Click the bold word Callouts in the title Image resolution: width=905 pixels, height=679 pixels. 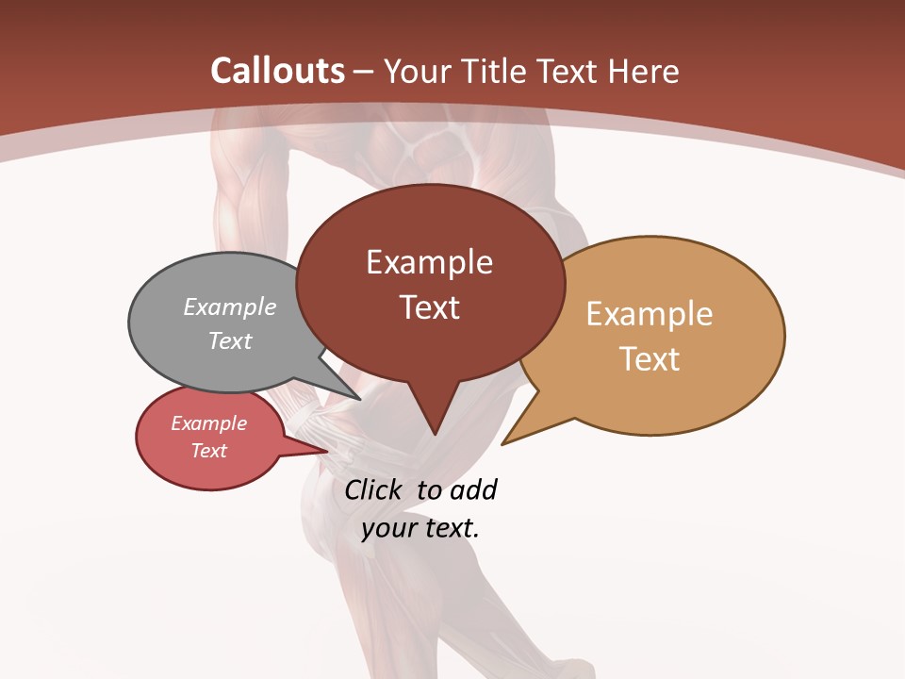click(277, 71)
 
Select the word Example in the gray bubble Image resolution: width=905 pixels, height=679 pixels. click(230, 306)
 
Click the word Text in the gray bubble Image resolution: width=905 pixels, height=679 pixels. click(230, 340)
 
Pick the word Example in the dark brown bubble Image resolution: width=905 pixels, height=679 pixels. click(429, 262)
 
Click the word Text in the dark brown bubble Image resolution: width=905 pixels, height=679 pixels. click(429, 306)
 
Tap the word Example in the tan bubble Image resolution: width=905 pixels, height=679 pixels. click(650, 314)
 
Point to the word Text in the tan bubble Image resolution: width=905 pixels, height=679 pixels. click(650, 358)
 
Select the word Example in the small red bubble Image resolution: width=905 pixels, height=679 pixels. click(208, 423)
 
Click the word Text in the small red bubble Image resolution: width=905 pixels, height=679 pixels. click(208, 451)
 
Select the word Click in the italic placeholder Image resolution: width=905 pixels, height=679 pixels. click(376, 489)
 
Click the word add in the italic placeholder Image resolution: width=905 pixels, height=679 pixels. click(473, 489)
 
